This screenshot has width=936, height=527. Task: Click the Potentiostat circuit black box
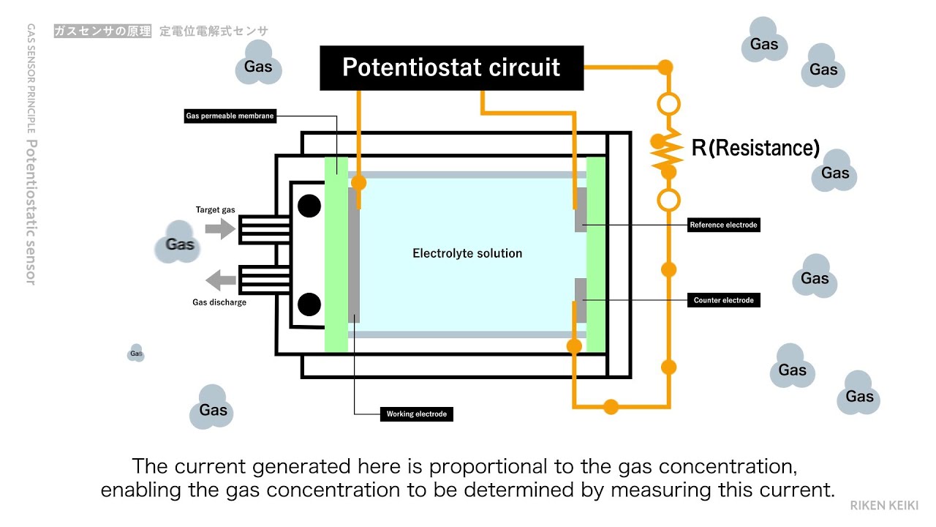[451, 68]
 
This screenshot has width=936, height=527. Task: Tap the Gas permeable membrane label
[230, 116]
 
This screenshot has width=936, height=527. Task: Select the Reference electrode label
[723, 225]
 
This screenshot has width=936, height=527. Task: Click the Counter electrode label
[723, 300]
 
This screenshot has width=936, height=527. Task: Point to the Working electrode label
[416, 414]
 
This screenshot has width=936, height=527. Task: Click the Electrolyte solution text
[467, 253]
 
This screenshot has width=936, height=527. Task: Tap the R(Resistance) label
[755, 149]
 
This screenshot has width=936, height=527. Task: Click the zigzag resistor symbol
[668, 154]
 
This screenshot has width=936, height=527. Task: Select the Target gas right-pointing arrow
[219, 229]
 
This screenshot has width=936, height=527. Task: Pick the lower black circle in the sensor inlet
[309, 302]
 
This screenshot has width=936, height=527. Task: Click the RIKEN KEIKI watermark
[883, 505]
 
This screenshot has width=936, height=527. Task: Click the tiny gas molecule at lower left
[136, 354]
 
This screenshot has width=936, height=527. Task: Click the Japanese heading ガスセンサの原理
[102, 31]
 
